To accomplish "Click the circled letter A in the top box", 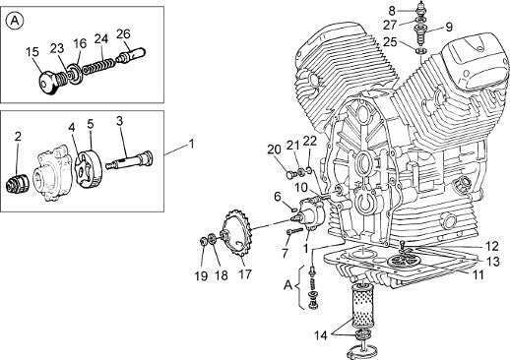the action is click(15, 22).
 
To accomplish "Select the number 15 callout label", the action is click(32, 52).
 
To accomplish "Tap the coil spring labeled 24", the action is click(98, 64).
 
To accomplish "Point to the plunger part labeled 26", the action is click(131, 55).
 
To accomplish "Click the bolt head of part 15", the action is click(48, 84).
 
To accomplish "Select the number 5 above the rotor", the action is click(91, 124).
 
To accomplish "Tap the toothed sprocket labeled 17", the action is click(237, 234).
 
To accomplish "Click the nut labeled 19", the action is click(204, 241).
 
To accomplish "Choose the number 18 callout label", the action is click(222, 275).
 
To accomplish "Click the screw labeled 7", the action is click(295, 231).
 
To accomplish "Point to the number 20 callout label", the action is click(275, 150).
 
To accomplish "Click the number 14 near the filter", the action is click(321, 335).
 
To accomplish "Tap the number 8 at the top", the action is click(392, 11).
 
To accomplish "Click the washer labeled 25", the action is click(421, 51).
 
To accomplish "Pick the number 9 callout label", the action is click(449, 27).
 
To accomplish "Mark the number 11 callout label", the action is click(478, 274).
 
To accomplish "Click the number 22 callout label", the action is click(310, 141).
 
